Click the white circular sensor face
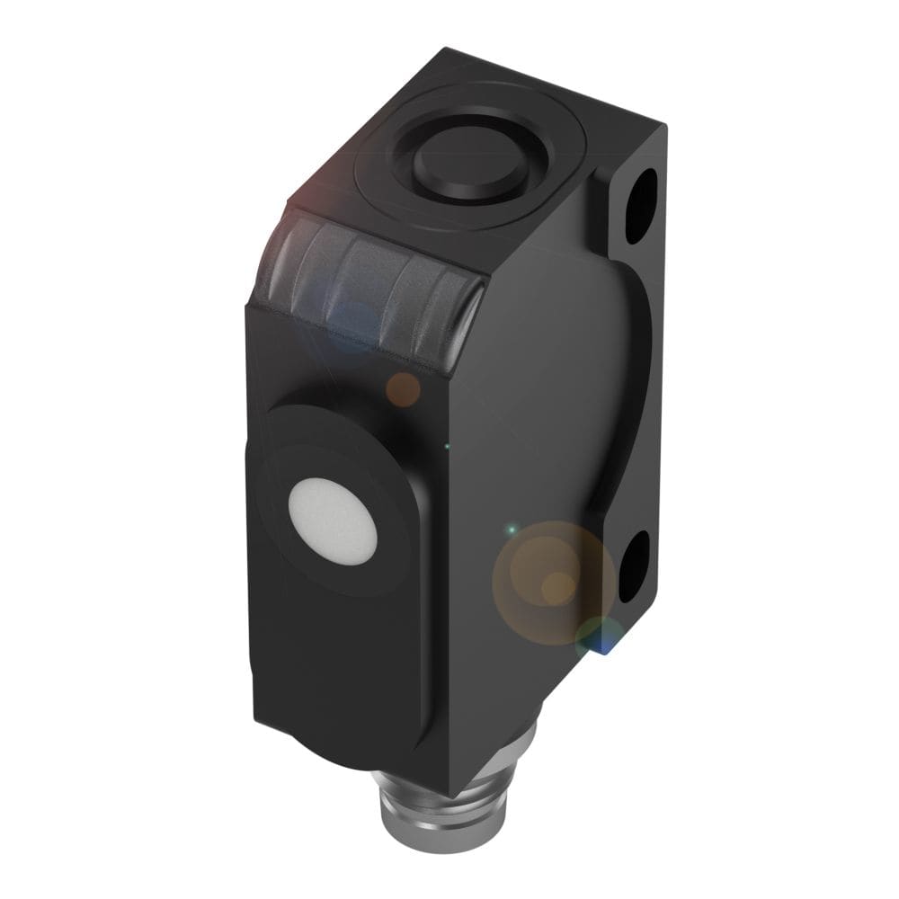[x=332, y=521]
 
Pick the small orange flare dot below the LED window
[x=403, y=388]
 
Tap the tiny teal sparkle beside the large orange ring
[x=511, y=530]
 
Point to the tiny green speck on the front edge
[x=447, y=445]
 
